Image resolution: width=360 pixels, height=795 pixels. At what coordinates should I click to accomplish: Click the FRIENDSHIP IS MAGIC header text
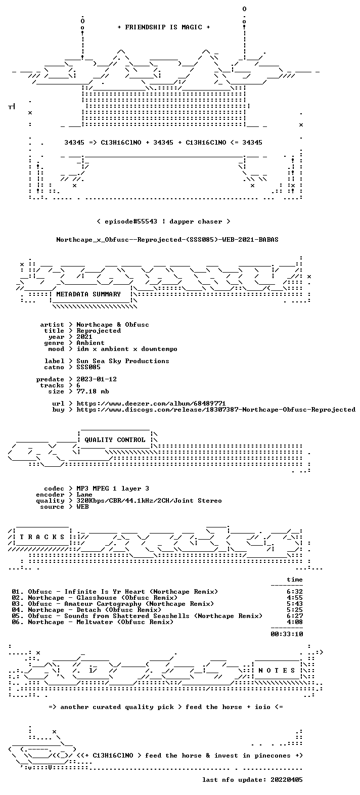point(163,27)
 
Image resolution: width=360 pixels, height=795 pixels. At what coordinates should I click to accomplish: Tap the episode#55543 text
point(131,222)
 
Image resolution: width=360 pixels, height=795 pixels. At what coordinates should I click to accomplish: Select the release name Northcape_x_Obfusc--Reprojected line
point(167,240)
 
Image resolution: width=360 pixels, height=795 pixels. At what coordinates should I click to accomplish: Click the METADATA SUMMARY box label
point(88,294)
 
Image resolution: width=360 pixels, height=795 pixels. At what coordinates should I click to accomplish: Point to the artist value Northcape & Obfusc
point(113,325)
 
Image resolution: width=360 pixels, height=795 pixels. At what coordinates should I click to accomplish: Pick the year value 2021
point(84,337)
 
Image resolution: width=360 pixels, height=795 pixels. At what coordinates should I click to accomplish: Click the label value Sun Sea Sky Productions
point(123,361)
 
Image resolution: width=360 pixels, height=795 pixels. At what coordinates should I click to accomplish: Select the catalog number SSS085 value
point(88,367)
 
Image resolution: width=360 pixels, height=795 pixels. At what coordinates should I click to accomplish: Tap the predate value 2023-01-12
point(97,379)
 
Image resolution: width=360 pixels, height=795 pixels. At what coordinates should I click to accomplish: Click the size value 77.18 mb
point(93,391)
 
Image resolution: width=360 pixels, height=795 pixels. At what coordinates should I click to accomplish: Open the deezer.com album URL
point(151,404)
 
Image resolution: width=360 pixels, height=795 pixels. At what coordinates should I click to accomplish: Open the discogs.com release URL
point(216,410)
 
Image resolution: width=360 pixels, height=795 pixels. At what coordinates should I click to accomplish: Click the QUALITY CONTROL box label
point(115,440)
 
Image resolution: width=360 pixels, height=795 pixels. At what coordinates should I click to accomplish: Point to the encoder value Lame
point(84,495)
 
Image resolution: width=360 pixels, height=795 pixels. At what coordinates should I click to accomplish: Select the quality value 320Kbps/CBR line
point(149,501)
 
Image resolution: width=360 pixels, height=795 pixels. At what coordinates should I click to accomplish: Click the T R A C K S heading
point(42,537)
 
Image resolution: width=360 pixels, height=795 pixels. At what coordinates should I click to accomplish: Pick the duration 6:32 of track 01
point(295,592)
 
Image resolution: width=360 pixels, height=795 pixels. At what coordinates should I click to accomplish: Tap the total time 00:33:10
point(287,634)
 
